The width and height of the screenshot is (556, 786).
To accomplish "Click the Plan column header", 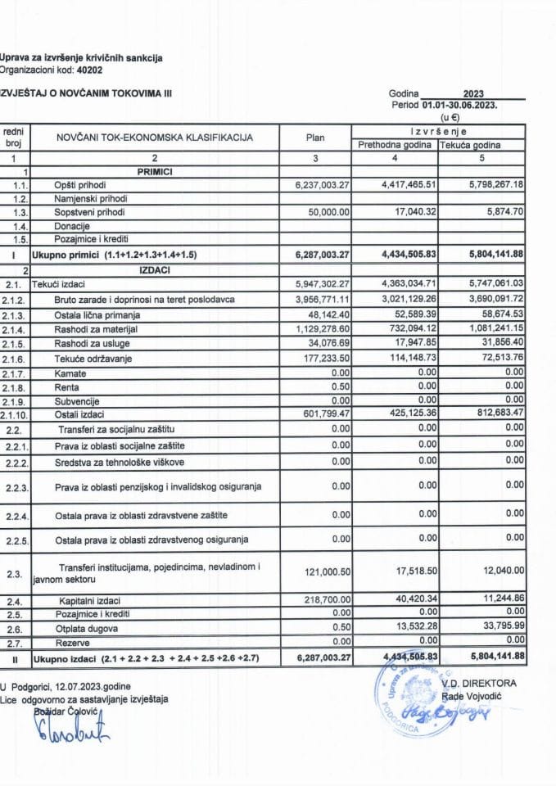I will pyautogui.click(x=315, y=138).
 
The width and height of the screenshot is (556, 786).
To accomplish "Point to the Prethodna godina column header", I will pyautogui.click(x=394, y=145).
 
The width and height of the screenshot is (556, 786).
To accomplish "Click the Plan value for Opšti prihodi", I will pyautogui.click(x=315, y=184).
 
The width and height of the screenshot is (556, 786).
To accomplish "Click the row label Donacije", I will pyautogui.click(x=72, y=225).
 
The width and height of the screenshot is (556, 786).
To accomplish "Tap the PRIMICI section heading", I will pyautogui.click(x=155, y=171).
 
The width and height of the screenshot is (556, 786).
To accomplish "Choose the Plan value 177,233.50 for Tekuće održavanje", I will pyautogui.click(x=322, y=358).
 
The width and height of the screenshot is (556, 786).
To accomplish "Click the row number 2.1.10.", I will pyautogui.click(x=16, y=415).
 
